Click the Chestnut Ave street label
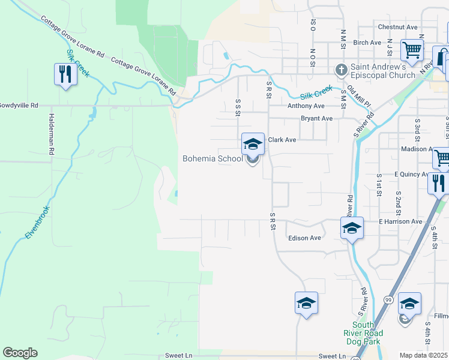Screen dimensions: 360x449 pos(397,27)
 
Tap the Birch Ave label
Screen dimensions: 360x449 pos(367,43)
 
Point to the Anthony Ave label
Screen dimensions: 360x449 pos(306,106)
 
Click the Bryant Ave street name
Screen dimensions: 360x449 pos(316,119)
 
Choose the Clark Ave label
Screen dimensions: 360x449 pos(282,140)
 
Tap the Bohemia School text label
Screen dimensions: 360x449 pos(212,159)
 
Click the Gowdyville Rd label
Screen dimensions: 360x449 pos(18,105)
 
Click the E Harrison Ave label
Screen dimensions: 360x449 pos(400,221)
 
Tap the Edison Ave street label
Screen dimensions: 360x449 pos(304,238)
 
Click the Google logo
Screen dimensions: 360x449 pos(20,353)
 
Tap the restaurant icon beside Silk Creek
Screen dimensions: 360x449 pos(65,74)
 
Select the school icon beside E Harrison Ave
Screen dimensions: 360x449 pos(352,228)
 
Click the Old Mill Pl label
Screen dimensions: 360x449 pos(358,94)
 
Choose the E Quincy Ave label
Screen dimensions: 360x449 pos(411,175)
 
